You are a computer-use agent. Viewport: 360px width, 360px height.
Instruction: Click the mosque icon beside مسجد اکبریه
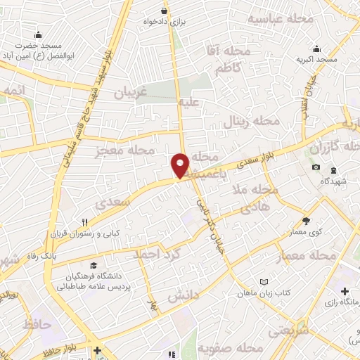point(316,49)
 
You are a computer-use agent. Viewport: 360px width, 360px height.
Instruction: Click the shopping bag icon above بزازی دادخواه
point(164,11)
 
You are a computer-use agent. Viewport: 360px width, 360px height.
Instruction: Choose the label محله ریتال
point(252,121)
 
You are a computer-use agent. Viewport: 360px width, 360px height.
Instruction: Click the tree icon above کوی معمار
point(305,221)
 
